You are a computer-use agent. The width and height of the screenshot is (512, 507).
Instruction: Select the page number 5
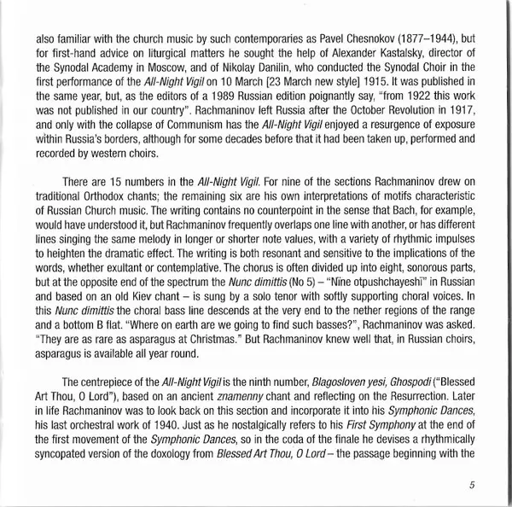pos(471,487)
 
